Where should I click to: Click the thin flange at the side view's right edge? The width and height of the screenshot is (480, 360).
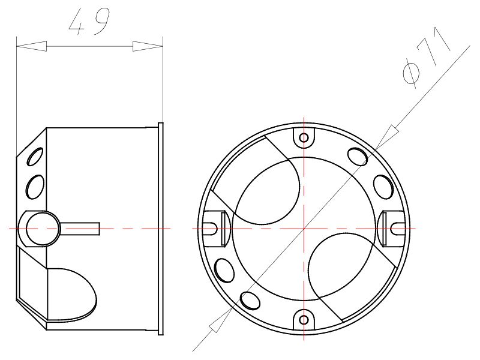tap(161, 228)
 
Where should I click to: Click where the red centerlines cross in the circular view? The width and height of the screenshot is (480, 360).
tap(304, 228)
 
